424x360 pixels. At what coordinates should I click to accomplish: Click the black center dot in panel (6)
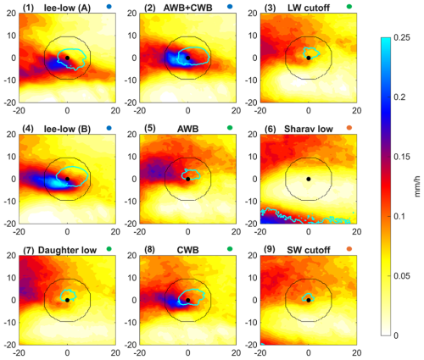[309, 179]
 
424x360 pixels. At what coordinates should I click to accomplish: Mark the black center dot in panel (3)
[309, 58]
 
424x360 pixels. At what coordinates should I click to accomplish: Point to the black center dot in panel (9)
[309, 300]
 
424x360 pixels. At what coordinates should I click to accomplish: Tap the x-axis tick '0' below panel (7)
[67, 352]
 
